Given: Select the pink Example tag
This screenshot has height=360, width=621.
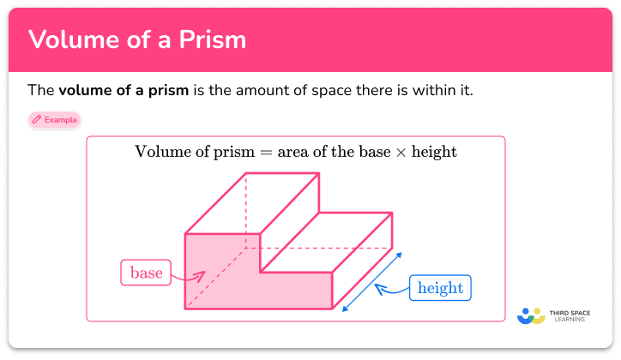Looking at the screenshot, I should click(x=55, y=120).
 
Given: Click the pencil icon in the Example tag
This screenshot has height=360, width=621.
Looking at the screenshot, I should click(x=37, y=120).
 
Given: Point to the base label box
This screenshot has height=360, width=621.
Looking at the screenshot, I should click(x=145, y=273).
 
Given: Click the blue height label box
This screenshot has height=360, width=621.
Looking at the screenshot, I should click(x=439, y=288).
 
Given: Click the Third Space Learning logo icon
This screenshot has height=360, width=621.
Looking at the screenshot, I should click(x=532, y=315).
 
